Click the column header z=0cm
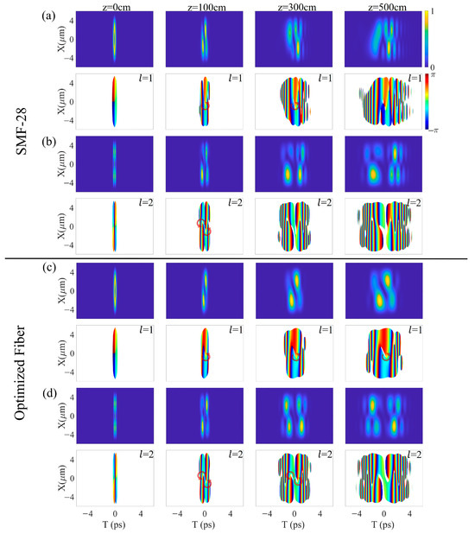114,7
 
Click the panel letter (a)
48,15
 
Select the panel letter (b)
48,141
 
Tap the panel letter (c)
48,269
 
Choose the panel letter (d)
48,396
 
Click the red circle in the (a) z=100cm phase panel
205,105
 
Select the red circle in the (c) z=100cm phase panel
206,356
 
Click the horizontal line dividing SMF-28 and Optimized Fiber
250,259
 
